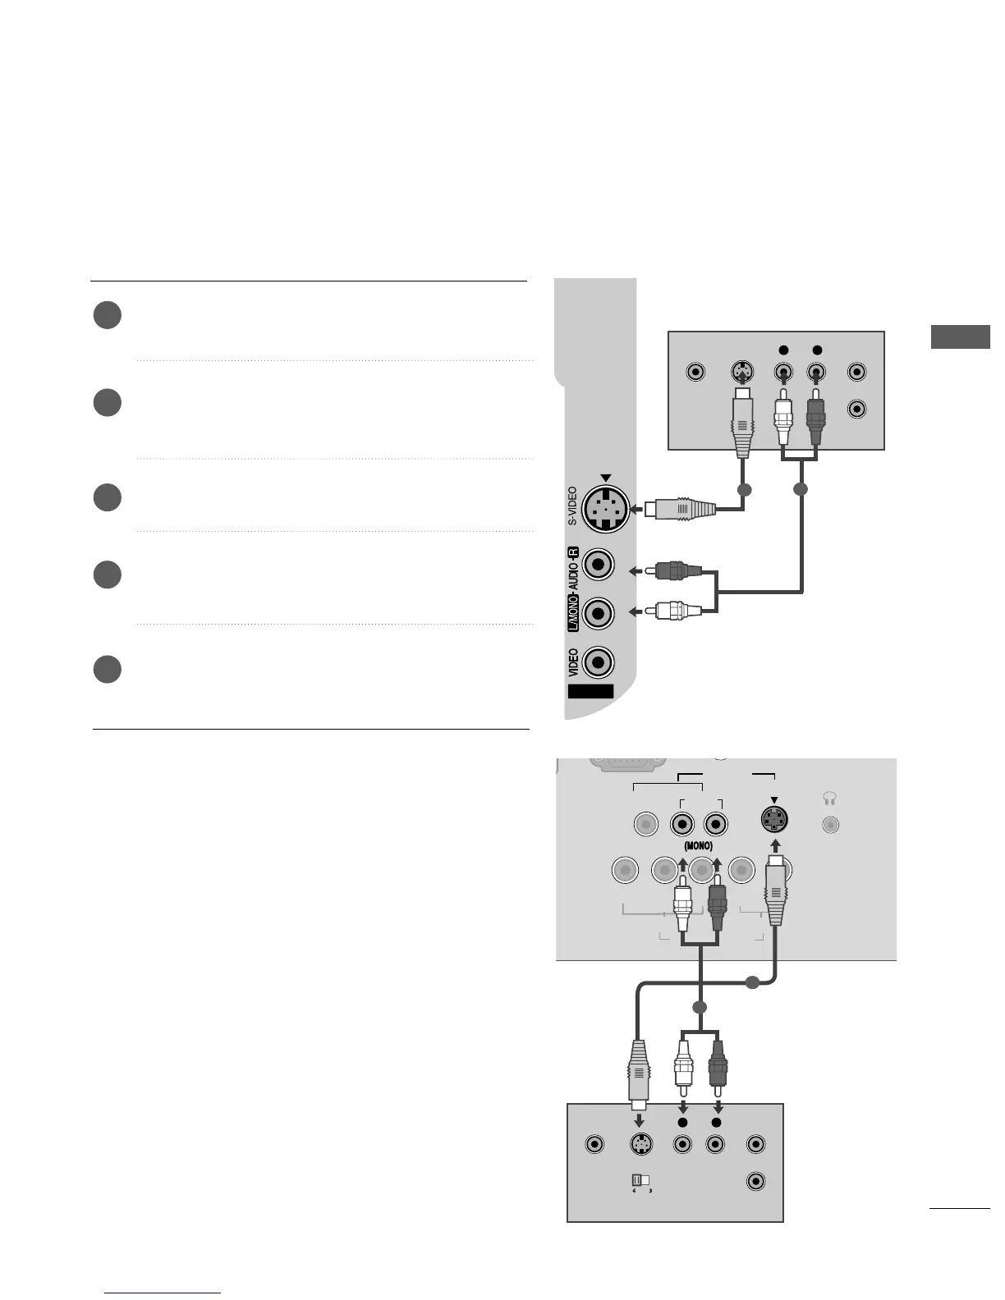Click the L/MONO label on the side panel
pyautogui.click(x=573, y=614)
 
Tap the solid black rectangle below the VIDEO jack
pyautogui.click(x=590, y=691)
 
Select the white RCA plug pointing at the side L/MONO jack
pyautogui.click(x=677, y=611)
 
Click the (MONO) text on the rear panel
pyautogui.click(x=698, y=846)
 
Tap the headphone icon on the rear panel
pyautogui.click(x=829, y=798)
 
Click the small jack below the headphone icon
pyautogui.click(x=830, y=825)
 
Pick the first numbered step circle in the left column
pyautogui.click(x=108, y=316)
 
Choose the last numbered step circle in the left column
pyautogui.click(x=108, y=669)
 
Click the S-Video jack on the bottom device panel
pyautogui.click(x=640, y=1143)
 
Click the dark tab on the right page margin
pyautogui.click(x=960, y=337)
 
